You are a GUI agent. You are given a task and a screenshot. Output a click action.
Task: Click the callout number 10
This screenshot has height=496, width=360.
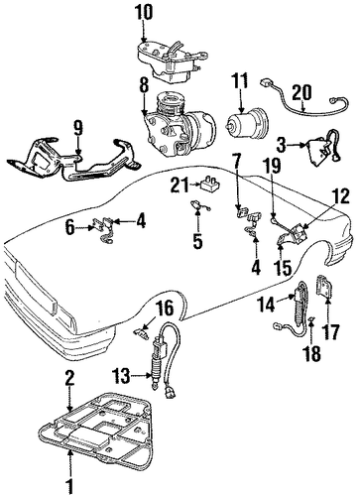click(x=144, y=13)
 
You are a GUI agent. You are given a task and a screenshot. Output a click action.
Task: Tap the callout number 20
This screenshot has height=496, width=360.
click(x=301, y=92)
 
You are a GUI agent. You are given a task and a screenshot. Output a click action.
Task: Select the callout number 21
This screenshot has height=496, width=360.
click(x=180, y=185)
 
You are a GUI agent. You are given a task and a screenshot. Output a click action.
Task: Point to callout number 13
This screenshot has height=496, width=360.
click(x=120, y=376)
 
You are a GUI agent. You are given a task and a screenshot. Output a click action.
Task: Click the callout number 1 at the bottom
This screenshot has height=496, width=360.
click(x=69, y=487)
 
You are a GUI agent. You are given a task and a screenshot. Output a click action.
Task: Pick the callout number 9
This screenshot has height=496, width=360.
click(x=78, y=129)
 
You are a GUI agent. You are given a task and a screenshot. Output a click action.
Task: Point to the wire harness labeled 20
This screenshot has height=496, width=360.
click(x=303, y=103)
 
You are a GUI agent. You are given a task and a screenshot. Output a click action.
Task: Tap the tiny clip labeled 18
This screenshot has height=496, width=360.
click(x=311, y=319)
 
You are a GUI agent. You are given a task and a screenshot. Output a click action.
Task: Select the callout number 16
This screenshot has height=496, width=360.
click(x=165, y=309)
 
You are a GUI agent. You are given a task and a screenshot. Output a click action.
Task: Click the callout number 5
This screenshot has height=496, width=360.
click(x=197, y=241)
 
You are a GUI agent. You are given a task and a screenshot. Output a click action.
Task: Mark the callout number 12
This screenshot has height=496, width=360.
click(x=340, y=196)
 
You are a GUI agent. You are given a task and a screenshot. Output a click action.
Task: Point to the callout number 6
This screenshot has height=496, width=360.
click(x=70, y=228)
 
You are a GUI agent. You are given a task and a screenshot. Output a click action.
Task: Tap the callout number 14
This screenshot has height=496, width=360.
click(x=266, y=304)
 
